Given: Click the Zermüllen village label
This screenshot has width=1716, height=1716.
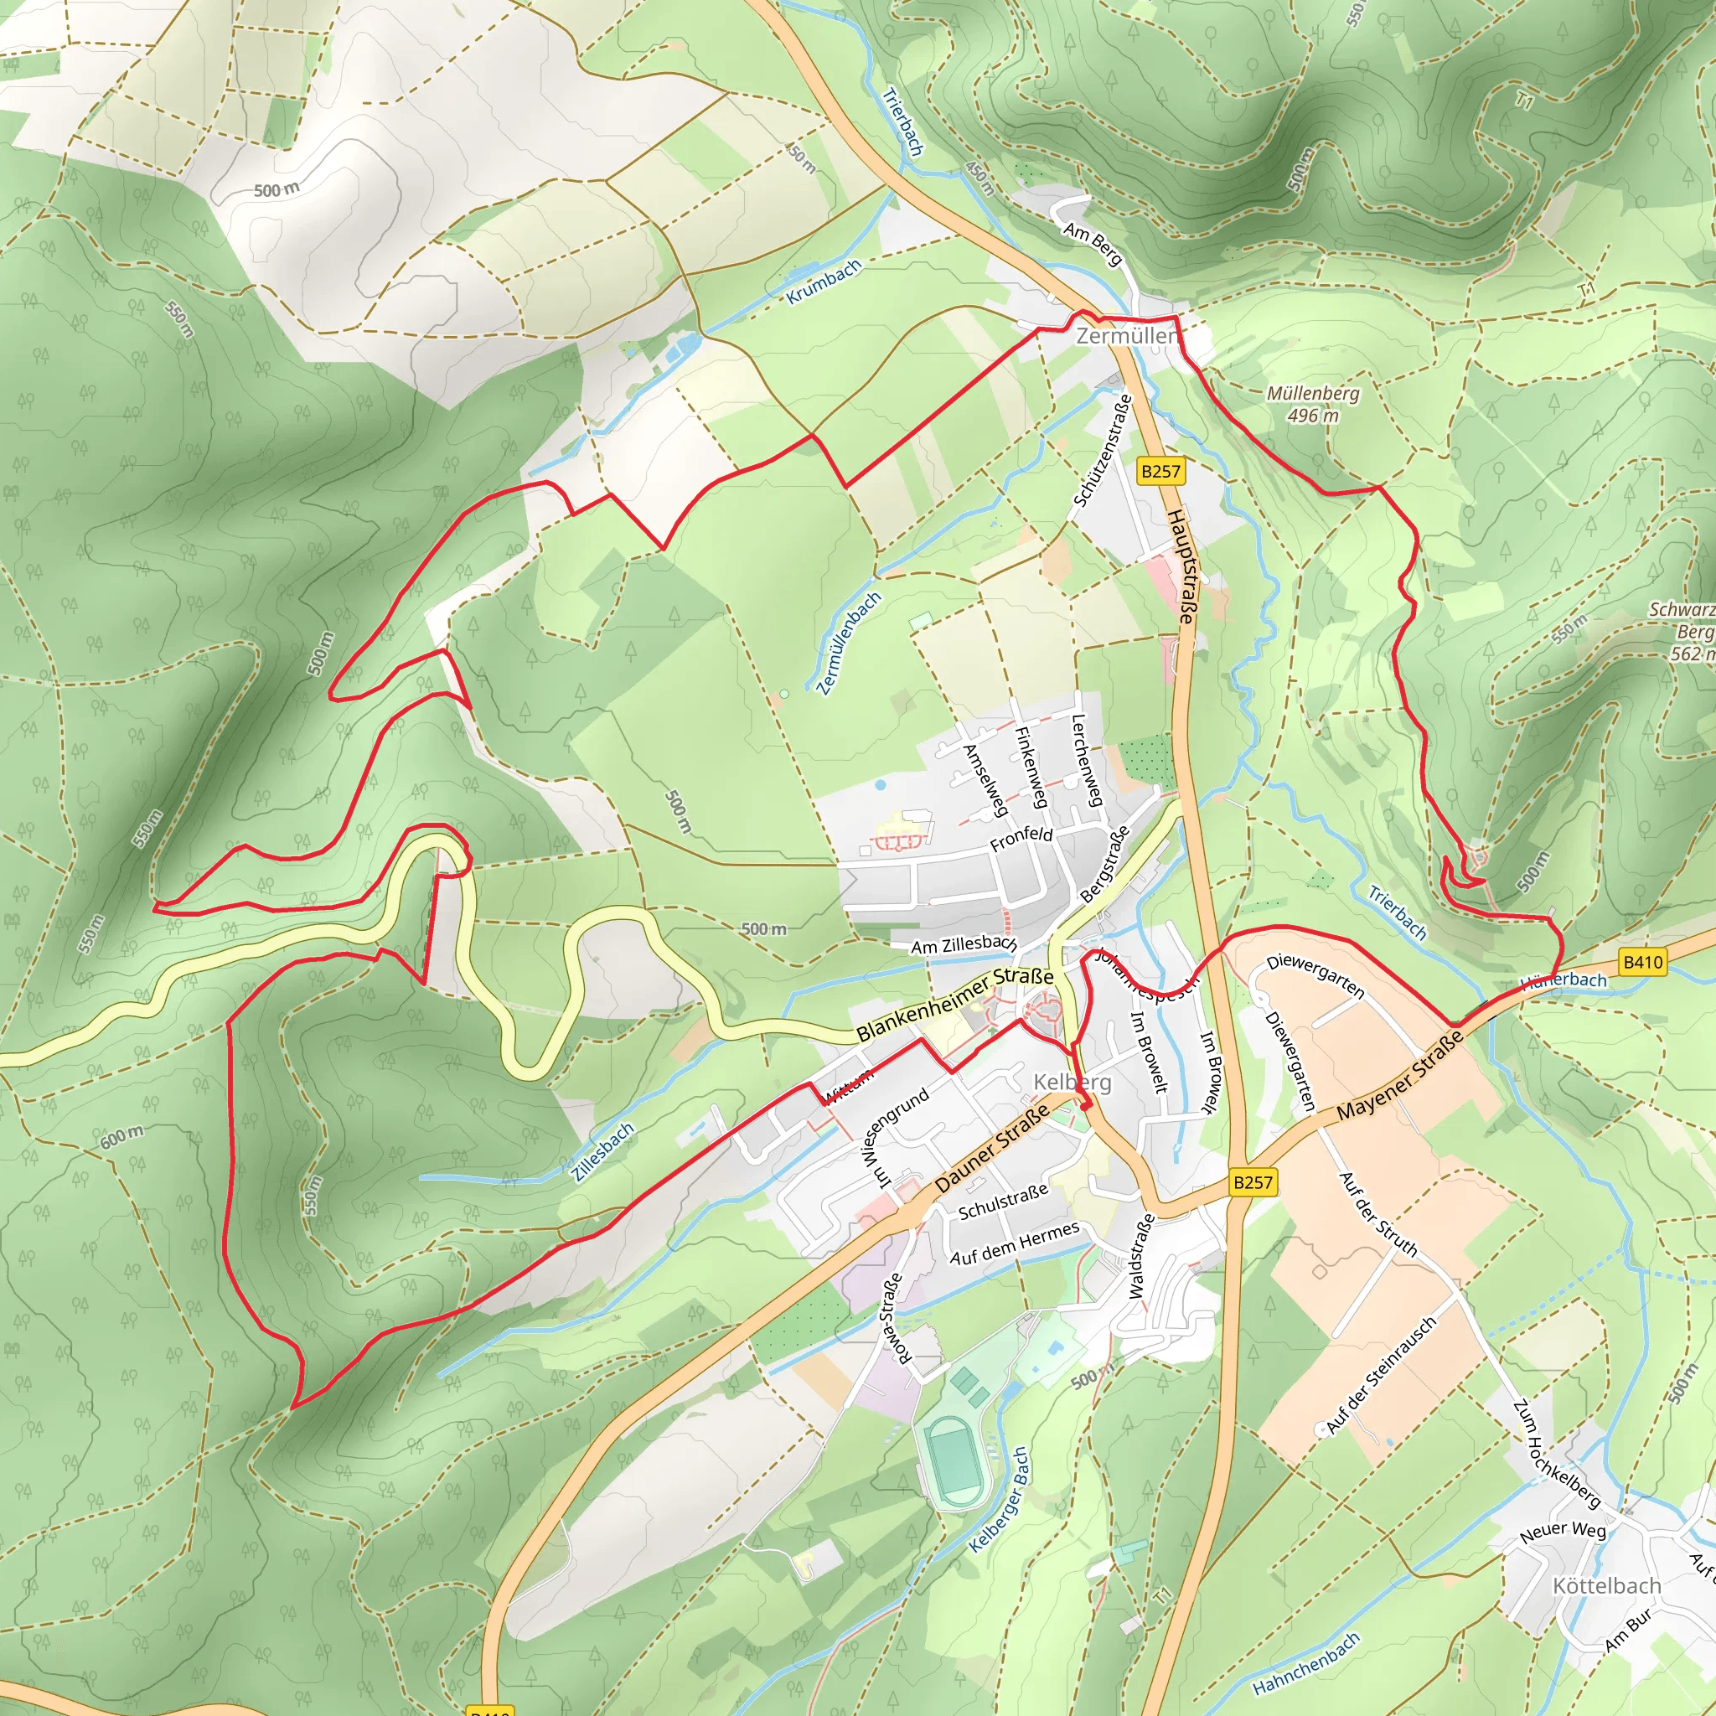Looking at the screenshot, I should pyautogui.click(x=1127, y=337).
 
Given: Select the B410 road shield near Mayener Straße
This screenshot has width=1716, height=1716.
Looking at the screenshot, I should pyautogui.click(x=1641, y=962).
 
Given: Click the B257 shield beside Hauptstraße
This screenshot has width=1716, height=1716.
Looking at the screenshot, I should pyautogui.click(x=1160, y=471).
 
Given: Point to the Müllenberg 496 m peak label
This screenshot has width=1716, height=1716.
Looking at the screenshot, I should pyautogui.click(x=1313, y=404).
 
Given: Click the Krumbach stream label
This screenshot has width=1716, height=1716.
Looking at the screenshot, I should pyautogui.click(x=824, y=282).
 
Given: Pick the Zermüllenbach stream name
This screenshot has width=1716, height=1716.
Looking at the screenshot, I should pyautogui.click(x=849, y=642).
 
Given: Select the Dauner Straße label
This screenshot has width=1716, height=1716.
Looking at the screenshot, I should pyautogui.click(x=992, y=1149).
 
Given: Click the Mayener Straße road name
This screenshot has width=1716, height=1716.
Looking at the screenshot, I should pyautogui.click(x=1399, y=1076).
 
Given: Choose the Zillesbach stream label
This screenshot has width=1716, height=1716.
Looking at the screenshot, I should pyautogui.click(x=603, y=1151).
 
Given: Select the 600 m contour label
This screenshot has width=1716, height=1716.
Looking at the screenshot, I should pyautogui.click(x=121, y=1136).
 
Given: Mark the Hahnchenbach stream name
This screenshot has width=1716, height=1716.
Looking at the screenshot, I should pyautogui.click(x=1305, y=1662).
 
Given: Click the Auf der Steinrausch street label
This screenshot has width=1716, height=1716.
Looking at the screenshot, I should pyautogui.click(x=1380, y=1376).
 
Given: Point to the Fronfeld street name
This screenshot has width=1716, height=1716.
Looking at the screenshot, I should pyautogui.click(x=1021, y=839).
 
